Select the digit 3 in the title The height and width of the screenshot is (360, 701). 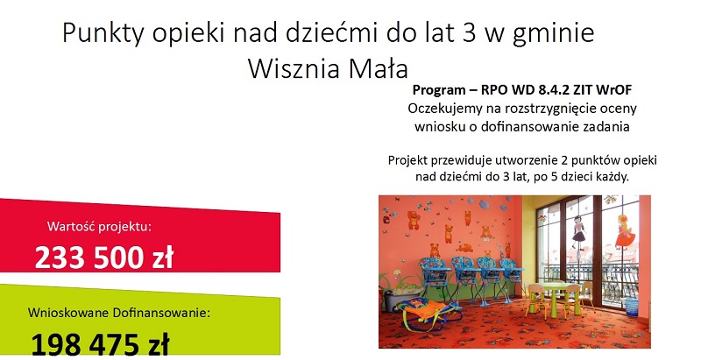470,32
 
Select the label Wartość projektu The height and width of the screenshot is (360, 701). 100,227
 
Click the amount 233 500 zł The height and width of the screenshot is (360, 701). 103,258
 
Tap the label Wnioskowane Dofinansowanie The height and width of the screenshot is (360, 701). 119,313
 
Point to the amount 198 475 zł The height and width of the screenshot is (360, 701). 100,344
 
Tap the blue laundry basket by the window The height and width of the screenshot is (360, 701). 631,307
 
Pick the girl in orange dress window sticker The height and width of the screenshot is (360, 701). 624,231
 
